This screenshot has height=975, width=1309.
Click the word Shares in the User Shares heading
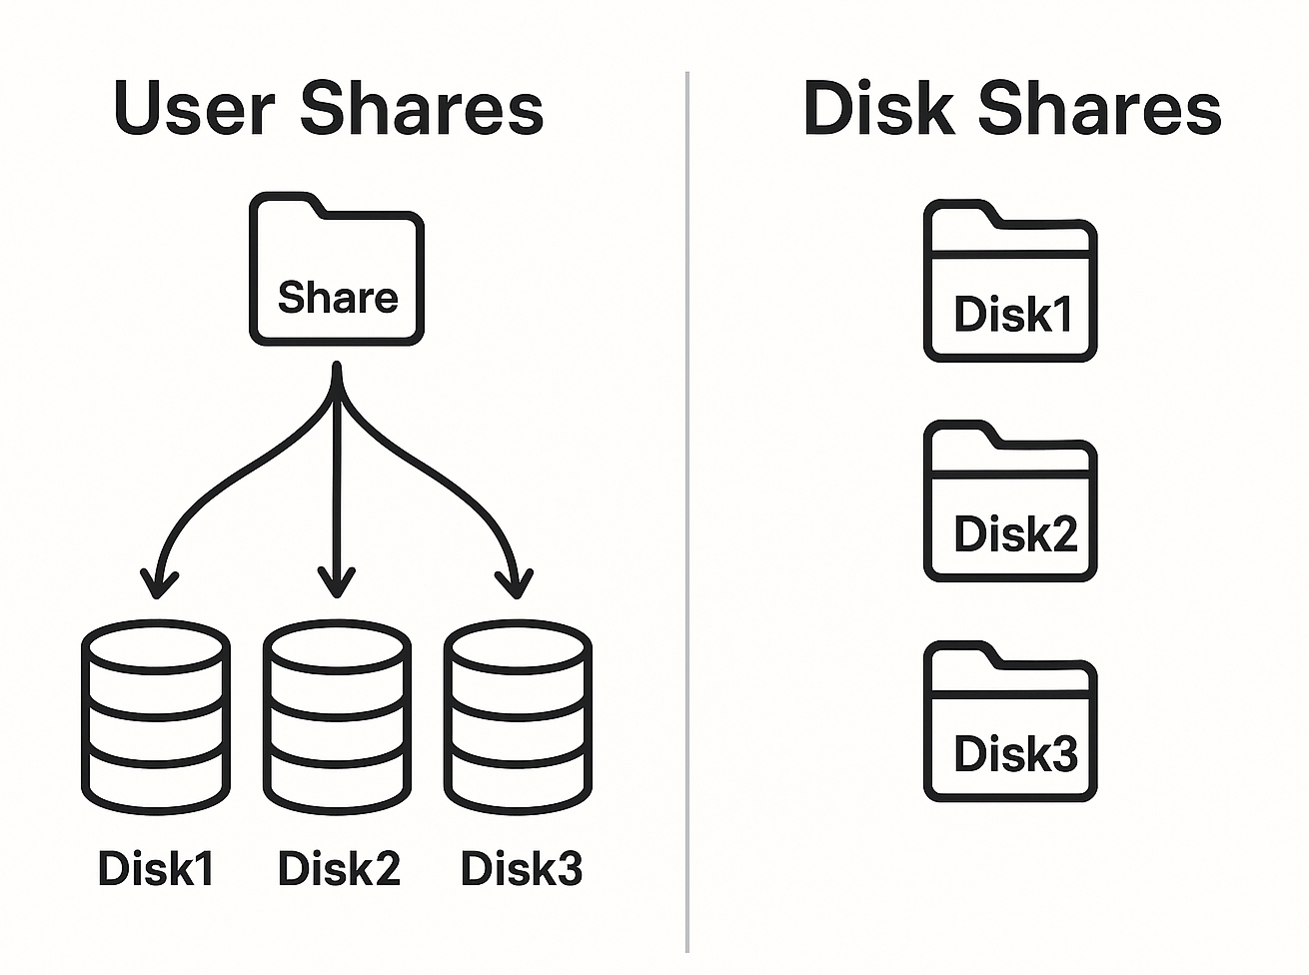(x=422, y=108)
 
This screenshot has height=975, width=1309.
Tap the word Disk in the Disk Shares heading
(x=878, y=108)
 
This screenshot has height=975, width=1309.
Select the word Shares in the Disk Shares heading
(x=1099, y=108)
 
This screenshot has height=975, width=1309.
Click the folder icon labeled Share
(x=337, y=270)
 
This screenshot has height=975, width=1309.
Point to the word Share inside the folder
(x=338, y=298)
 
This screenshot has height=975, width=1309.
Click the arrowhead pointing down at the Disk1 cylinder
(x=158, y=582)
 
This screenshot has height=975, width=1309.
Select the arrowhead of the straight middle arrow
(x=337, y=581)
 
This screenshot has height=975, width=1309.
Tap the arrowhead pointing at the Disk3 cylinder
(x=515, y=582)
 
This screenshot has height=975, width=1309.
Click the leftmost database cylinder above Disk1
(x=155, y=717)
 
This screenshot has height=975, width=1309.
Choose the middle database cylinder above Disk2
(x=337, y=717)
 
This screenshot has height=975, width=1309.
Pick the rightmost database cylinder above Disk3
(x=518, y=717)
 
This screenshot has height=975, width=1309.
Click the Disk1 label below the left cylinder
(x=156, y=868)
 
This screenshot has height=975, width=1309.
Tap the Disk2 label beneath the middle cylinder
(x=339, y=868)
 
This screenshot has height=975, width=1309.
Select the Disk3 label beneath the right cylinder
(x=521, y=868)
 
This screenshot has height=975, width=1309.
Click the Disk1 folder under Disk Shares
(x=1010, y=282)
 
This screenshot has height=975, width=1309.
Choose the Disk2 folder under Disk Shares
(x=1010, y=501)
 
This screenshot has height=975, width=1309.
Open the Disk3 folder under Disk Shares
(x=1010, y=722)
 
